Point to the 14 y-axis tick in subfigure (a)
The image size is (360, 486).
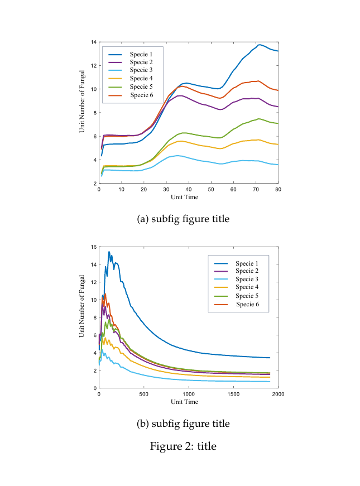click(x=94, y=42)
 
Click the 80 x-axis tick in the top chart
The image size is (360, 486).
click(x=278, y=190)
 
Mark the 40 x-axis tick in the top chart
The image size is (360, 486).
click(x=189, y=190)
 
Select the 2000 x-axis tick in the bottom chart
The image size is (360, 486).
click(x=278, y=394)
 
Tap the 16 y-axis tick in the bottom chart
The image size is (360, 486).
click(x=94, y=247)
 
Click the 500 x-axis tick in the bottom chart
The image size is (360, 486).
click(x=144, y=394)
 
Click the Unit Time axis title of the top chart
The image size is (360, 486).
click(x=184, y=197)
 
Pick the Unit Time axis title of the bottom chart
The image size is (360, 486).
click(x=184, y=402)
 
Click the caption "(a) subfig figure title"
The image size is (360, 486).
click(x=183, y=219)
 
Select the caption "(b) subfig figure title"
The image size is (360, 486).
click(x=183, y=424)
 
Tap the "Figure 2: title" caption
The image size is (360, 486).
click(x=183, y=446)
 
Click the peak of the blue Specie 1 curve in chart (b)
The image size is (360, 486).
click(x=109, y=252)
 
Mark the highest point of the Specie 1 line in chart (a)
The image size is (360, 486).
click(x=260, y=45)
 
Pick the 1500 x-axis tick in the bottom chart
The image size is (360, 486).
click(x=233, y=394)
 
